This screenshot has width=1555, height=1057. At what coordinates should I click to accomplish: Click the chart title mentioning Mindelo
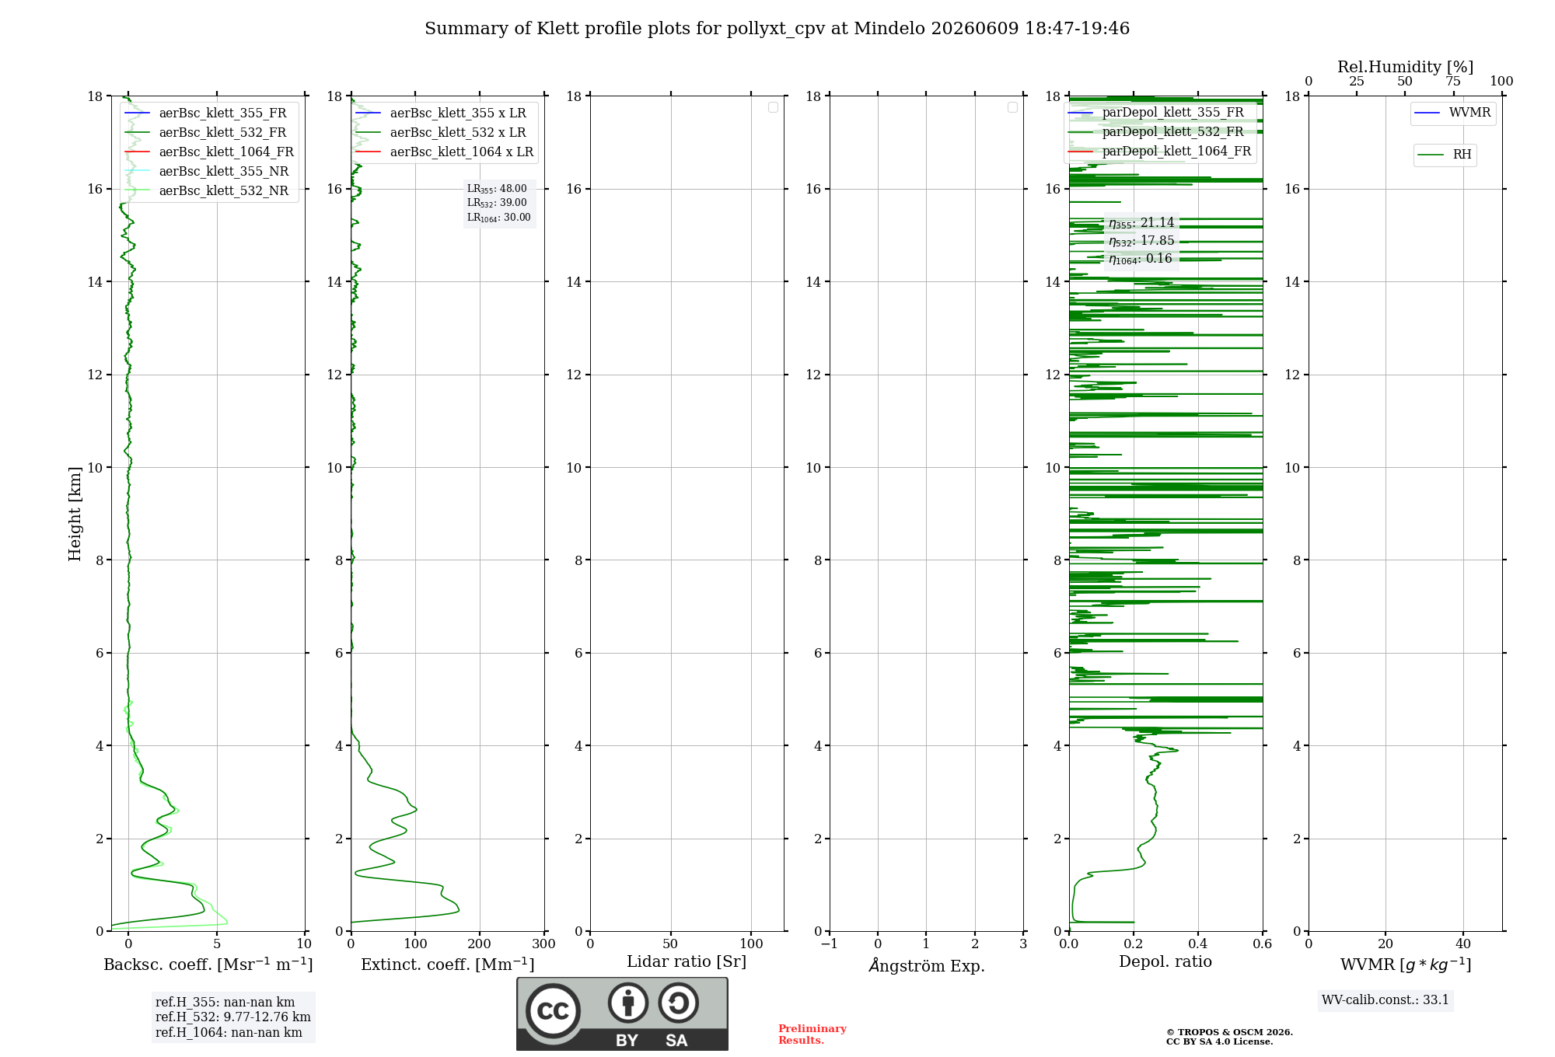click(777, 29)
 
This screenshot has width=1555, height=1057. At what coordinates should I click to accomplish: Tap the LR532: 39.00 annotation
click(497, 203)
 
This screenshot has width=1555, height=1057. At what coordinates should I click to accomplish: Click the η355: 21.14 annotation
click(1141, 223)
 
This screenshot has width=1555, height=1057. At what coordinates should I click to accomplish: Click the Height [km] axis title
click(75, 514)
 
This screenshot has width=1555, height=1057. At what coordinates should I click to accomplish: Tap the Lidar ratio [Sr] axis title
click(687, 962)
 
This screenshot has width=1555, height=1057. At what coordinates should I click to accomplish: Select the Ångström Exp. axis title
click(927, 965)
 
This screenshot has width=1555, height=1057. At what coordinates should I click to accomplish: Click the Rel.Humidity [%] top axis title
click(1405, 67)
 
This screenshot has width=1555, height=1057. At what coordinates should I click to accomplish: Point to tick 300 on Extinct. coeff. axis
click(544, 944)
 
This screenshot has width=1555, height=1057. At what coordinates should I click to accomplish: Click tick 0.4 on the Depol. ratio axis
click(1198, 944)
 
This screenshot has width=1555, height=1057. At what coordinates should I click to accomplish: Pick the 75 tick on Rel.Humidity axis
click(1452, 81)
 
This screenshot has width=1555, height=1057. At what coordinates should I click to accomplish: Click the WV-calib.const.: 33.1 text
click(1386, 999)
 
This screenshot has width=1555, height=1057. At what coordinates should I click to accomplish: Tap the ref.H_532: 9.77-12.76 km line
click(232, 1017)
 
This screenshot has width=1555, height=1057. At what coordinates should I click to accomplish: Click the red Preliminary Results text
click(812, 1034)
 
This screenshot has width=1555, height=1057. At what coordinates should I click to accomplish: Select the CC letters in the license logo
click(553, 1010)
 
